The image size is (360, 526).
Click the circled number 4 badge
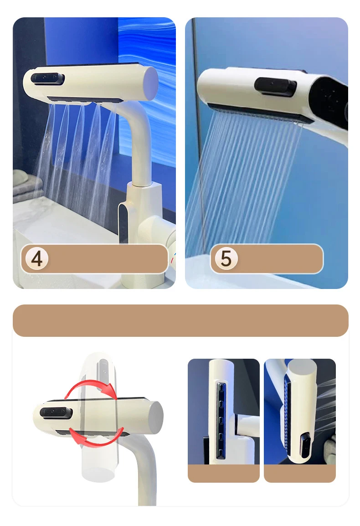click(37, 258)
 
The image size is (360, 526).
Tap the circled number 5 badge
click(226, 258)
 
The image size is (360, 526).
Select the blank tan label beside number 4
click(107, 258)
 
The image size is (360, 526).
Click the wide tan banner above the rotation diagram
click(180, 320)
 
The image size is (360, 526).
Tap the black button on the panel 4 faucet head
click(48, 79)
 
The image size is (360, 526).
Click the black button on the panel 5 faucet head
click(275, 86)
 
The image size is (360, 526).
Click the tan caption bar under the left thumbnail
click(223, 473)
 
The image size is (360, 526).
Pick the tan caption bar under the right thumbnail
click(299, 473)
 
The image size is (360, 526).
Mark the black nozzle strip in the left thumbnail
click(221, 419)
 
